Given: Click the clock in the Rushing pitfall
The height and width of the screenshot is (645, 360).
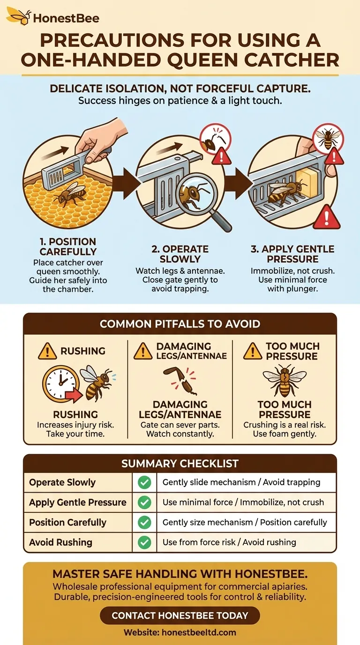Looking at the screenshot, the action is click(x=61, y=383).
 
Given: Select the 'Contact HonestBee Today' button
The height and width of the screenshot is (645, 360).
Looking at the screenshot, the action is click(x=180, y=615).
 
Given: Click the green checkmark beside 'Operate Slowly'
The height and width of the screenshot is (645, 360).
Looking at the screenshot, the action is click(x=144, y=482).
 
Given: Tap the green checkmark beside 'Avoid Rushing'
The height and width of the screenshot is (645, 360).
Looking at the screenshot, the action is click(x=144, y=542).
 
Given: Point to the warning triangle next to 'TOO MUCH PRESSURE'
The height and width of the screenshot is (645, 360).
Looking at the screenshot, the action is click(x=253, y=352).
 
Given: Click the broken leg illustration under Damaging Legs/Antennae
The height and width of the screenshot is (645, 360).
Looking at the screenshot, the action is click(x=180, y=381).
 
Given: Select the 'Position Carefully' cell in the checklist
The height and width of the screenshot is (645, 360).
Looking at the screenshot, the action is click(x=67, y=522).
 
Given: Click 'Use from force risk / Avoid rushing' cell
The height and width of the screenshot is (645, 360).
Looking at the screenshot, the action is click(x=229, y=542).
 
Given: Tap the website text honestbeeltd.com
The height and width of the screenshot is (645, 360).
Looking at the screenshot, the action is click(x=199, y=632).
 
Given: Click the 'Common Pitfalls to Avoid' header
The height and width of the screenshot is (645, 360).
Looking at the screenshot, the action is click(x=180, y=323).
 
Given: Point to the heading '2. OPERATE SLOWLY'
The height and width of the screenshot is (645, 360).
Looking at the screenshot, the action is click(x=180, y=254).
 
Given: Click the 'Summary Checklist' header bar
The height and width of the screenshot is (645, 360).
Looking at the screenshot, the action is click(x=180, y=463).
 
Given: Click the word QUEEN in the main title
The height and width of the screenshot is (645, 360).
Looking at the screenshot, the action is click(x=202, y=60).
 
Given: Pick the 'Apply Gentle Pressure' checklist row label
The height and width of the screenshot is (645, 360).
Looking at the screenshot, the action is click(x=77, y=502).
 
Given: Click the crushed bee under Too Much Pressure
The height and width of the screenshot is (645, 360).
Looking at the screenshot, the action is click(x=285, y=381).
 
